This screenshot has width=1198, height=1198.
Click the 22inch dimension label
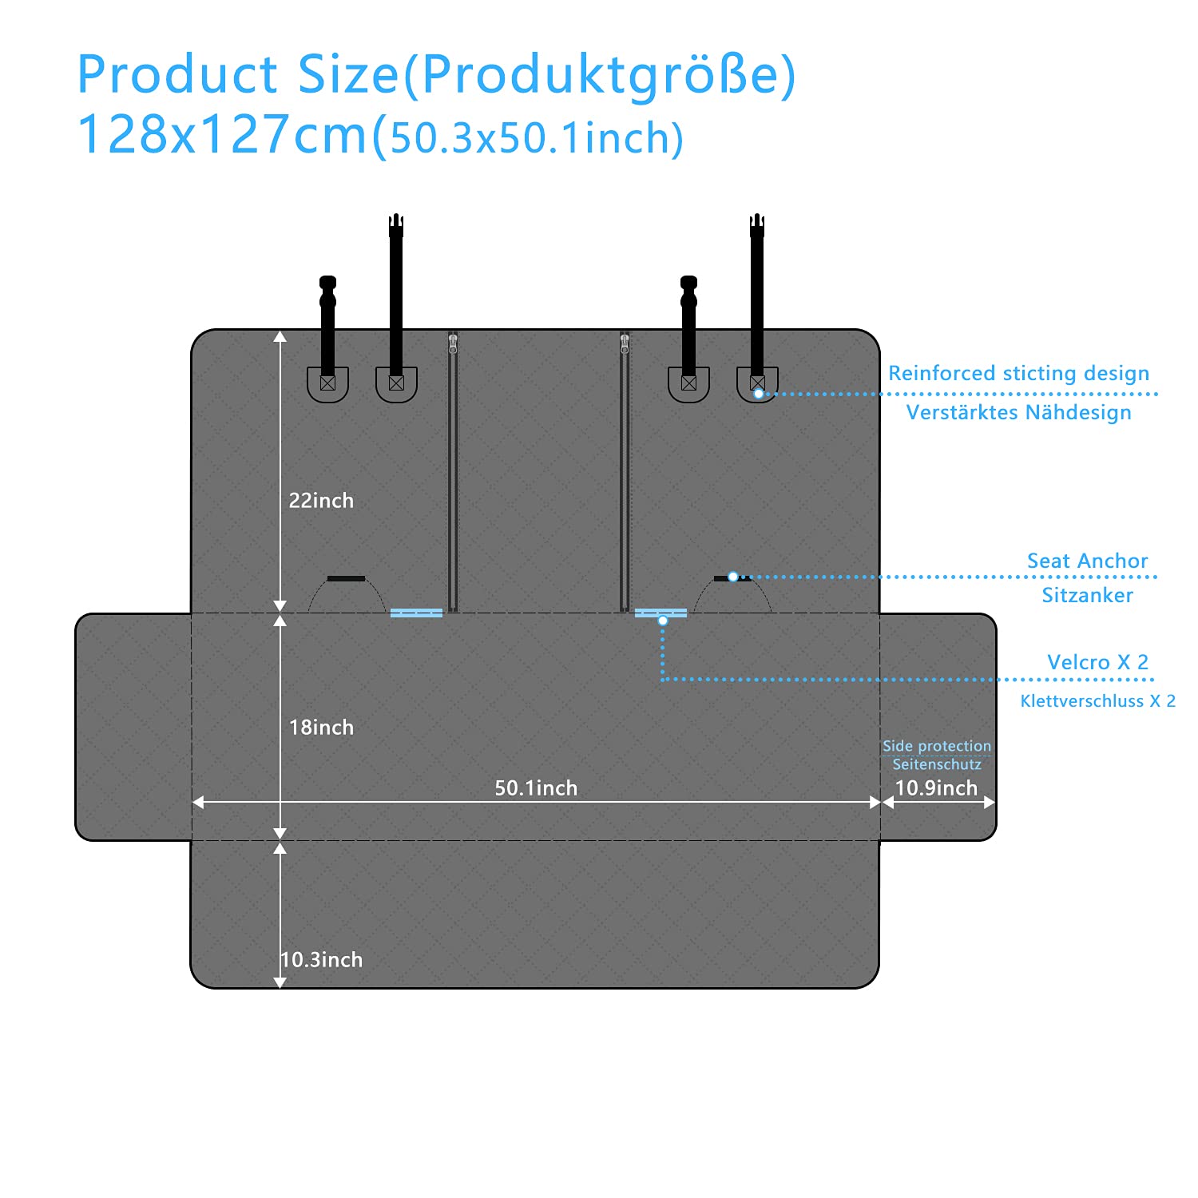pos(321,501)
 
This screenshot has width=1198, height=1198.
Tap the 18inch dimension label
pos(321,728)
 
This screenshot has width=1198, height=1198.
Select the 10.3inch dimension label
pos(322,960)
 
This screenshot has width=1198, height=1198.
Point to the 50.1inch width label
pos(536,788)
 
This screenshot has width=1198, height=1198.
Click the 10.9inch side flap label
pos(936,788)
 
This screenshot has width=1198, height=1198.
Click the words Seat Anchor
pos(1087,561)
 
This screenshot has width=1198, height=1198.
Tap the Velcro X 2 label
pos(1097,662)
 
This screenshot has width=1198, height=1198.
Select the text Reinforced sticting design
pos(1018,373)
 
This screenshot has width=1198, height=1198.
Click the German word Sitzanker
pos(1087,595)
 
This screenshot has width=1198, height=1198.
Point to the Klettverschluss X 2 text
pos(1097,701)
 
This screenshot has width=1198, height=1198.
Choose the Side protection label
pos(936,746)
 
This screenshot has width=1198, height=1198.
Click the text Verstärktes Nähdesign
pos(1018,412)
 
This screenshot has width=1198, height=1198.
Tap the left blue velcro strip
pos(416,613)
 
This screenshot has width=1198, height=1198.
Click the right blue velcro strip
pos(660,613)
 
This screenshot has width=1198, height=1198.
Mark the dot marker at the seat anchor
pos(732,577)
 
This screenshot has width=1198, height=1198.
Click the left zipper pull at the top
pos(453,343)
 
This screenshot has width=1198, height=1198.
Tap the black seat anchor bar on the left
pos(346,578)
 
